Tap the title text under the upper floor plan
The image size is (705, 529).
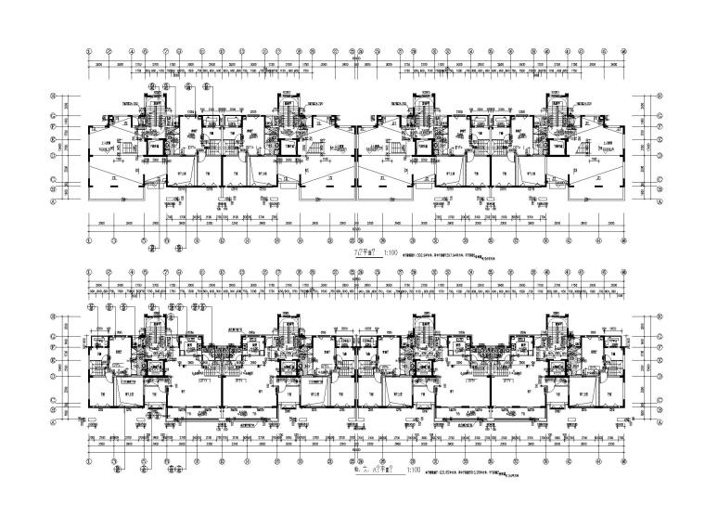coord(357,251)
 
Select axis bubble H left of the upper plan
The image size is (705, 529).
coord(54,96)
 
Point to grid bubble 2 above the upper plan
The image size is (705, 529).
coord(110,49)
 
